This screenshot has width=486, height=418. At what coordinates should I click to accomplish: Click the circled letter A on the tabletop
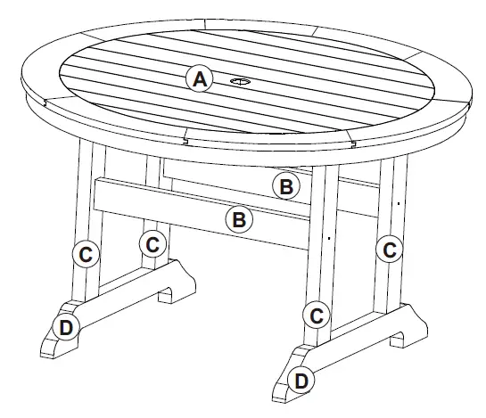click(x=201, y=79)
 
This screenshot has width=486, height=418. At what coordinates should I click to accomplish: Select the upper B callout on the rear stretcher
click(x=285, y=186)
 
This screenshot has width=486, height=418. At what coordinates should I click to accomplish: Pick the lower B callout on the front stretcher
click(x=239, y=219)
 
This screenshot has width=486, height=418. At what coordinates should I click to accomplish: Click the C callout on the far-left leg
click(x=86, y=254)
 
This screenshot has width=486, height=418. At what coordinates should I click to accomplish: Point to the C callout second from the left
click(x=152, y=242)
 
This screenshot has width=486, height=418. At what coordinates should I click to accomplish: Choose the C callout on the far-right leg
click(x=389, y=250)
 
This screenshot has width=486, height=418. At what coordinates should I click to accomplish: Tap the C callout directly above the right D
click(x=315, y=314)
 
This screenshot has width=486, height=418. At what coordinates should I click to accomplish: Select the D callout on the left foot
click(x=66, y=327)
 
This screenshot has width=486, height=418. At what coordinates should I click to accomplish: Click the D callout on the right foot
click(x=302, y=381)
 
